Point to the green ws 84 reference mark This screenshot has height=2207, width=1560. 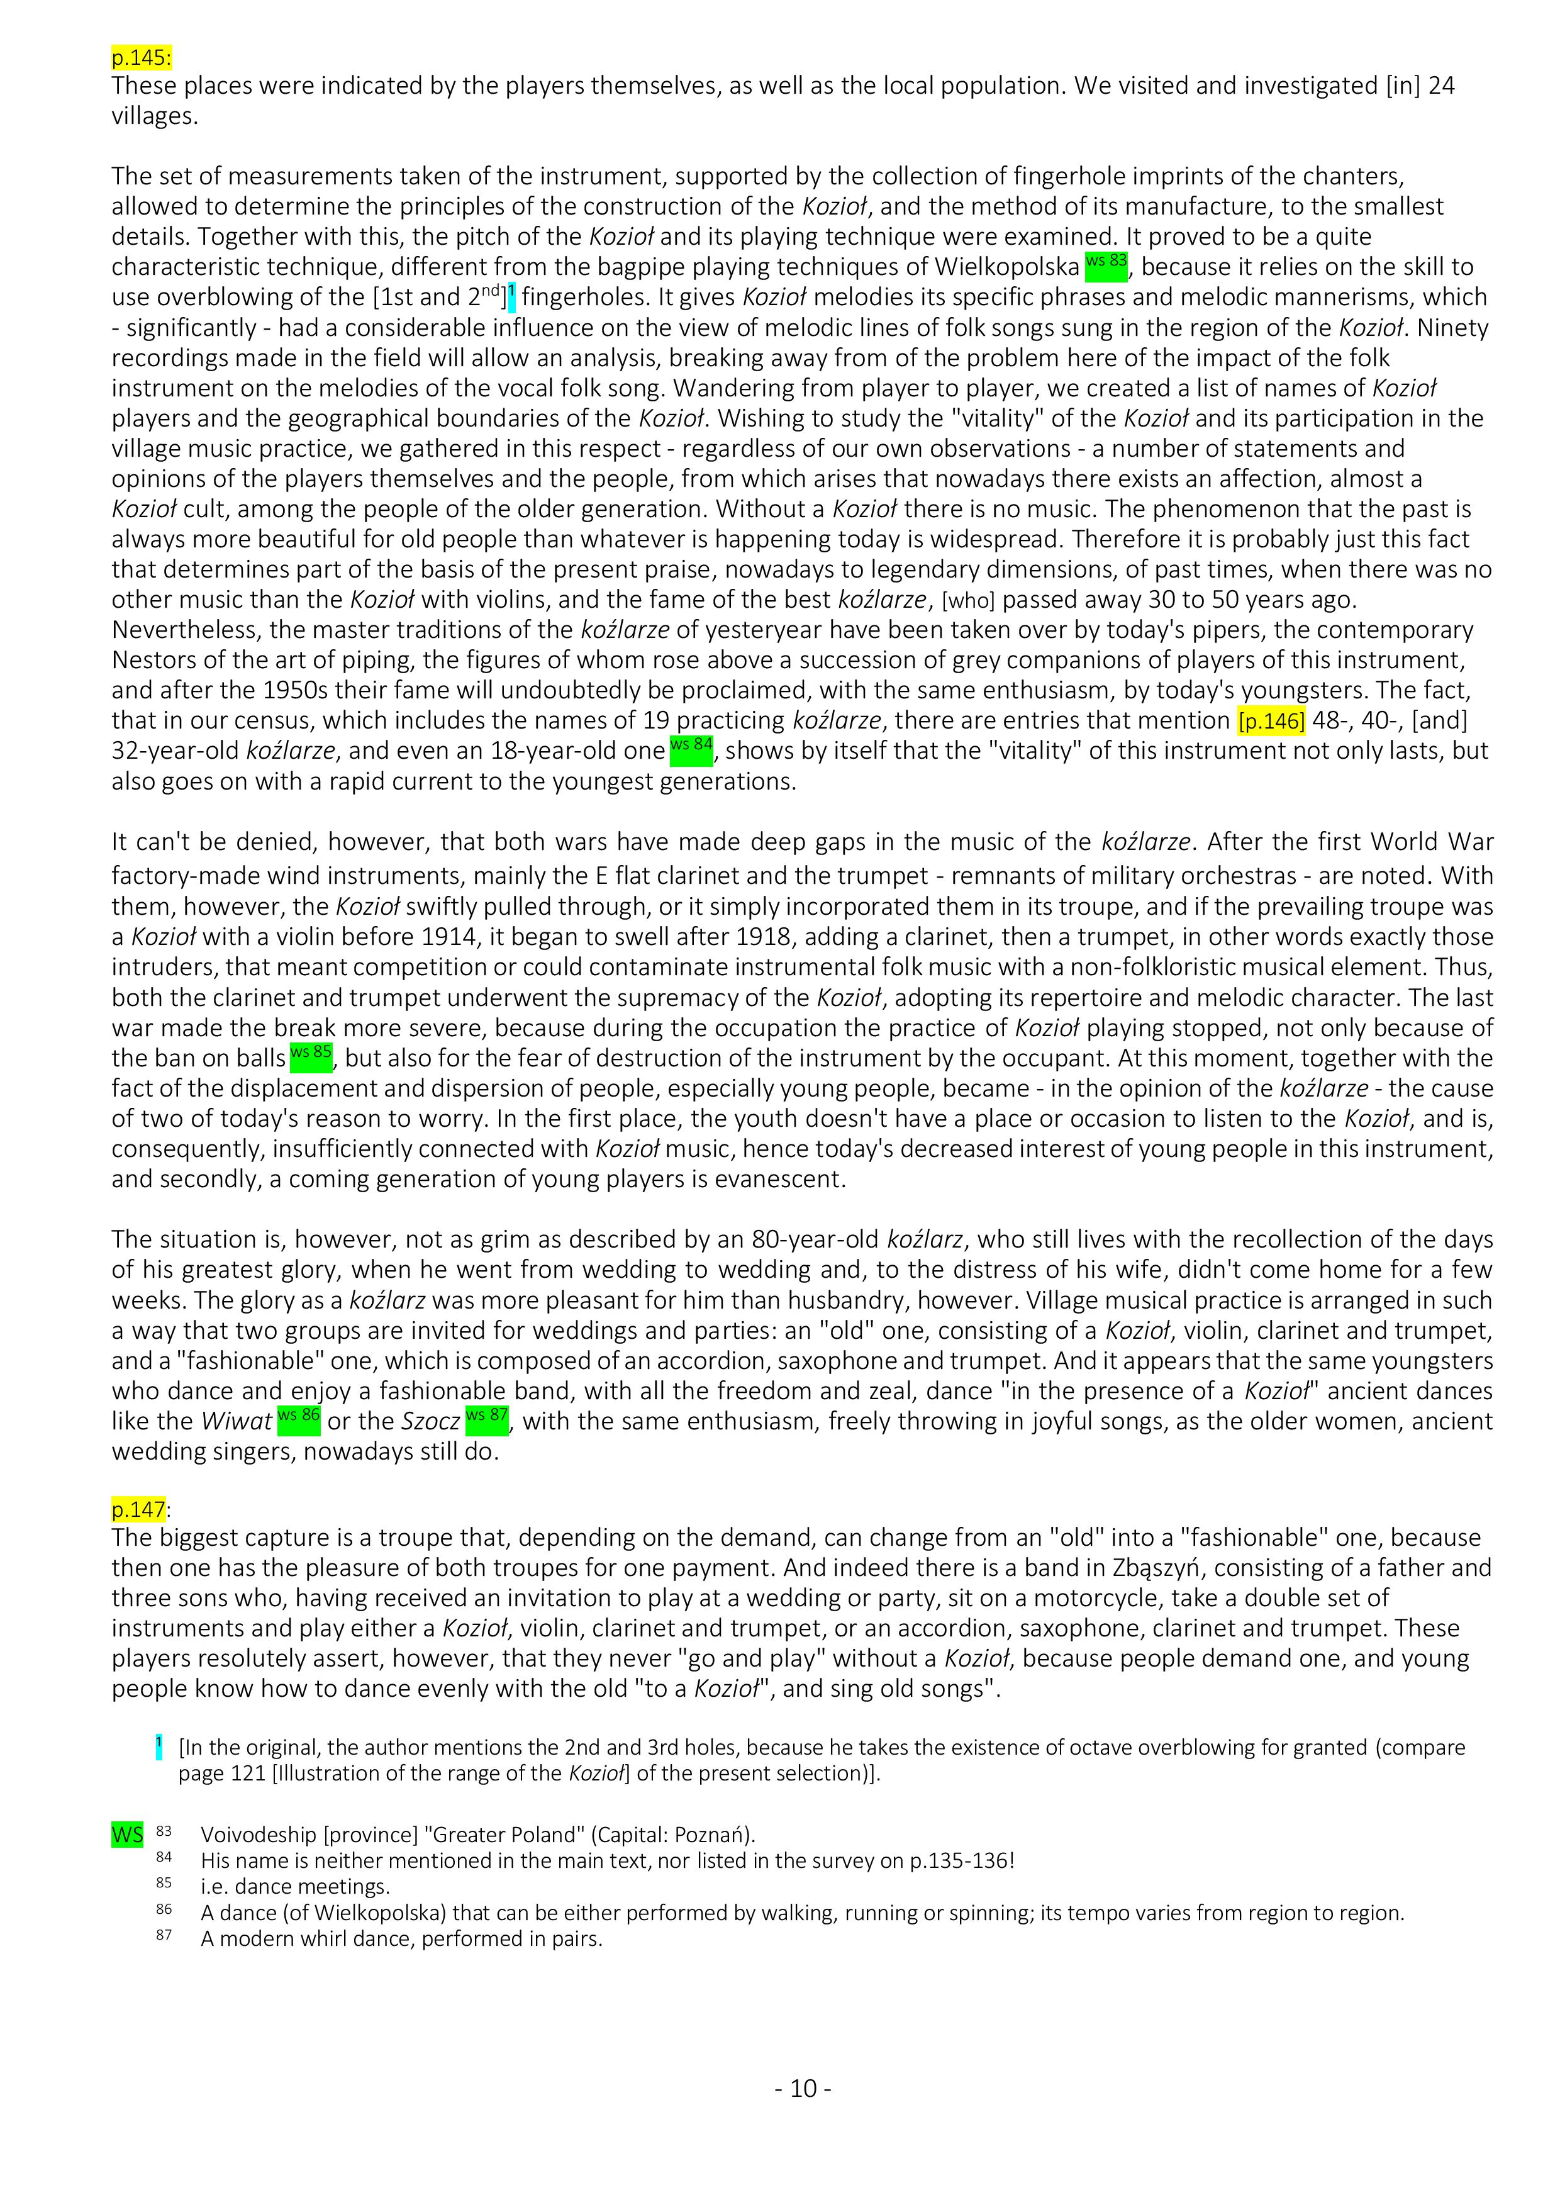(691, 748)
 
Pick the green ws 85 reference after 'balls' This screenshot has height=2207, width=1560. (311, 1056)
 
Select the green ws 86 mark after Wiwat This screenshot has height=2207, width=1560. (298, 1419)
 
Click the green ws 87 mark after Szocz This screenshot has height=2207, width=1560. (486, 1419)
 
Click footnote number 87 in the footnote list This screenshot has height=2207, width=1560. (164, 1934)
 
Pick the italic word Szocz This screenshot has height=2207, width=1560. (430, 1422)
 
